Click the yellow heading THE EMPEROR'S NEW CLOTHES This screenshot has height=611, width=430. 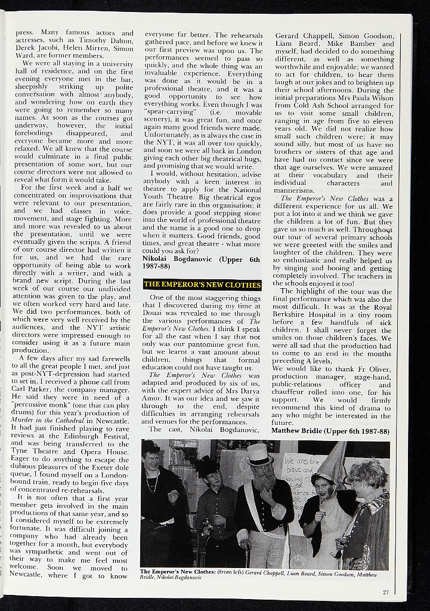click(x=202, y=284)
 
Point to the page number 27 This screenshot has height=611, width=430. click(x=386, y=592)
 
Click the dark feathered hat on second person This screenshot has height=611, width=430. click(x=206, y=466)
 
